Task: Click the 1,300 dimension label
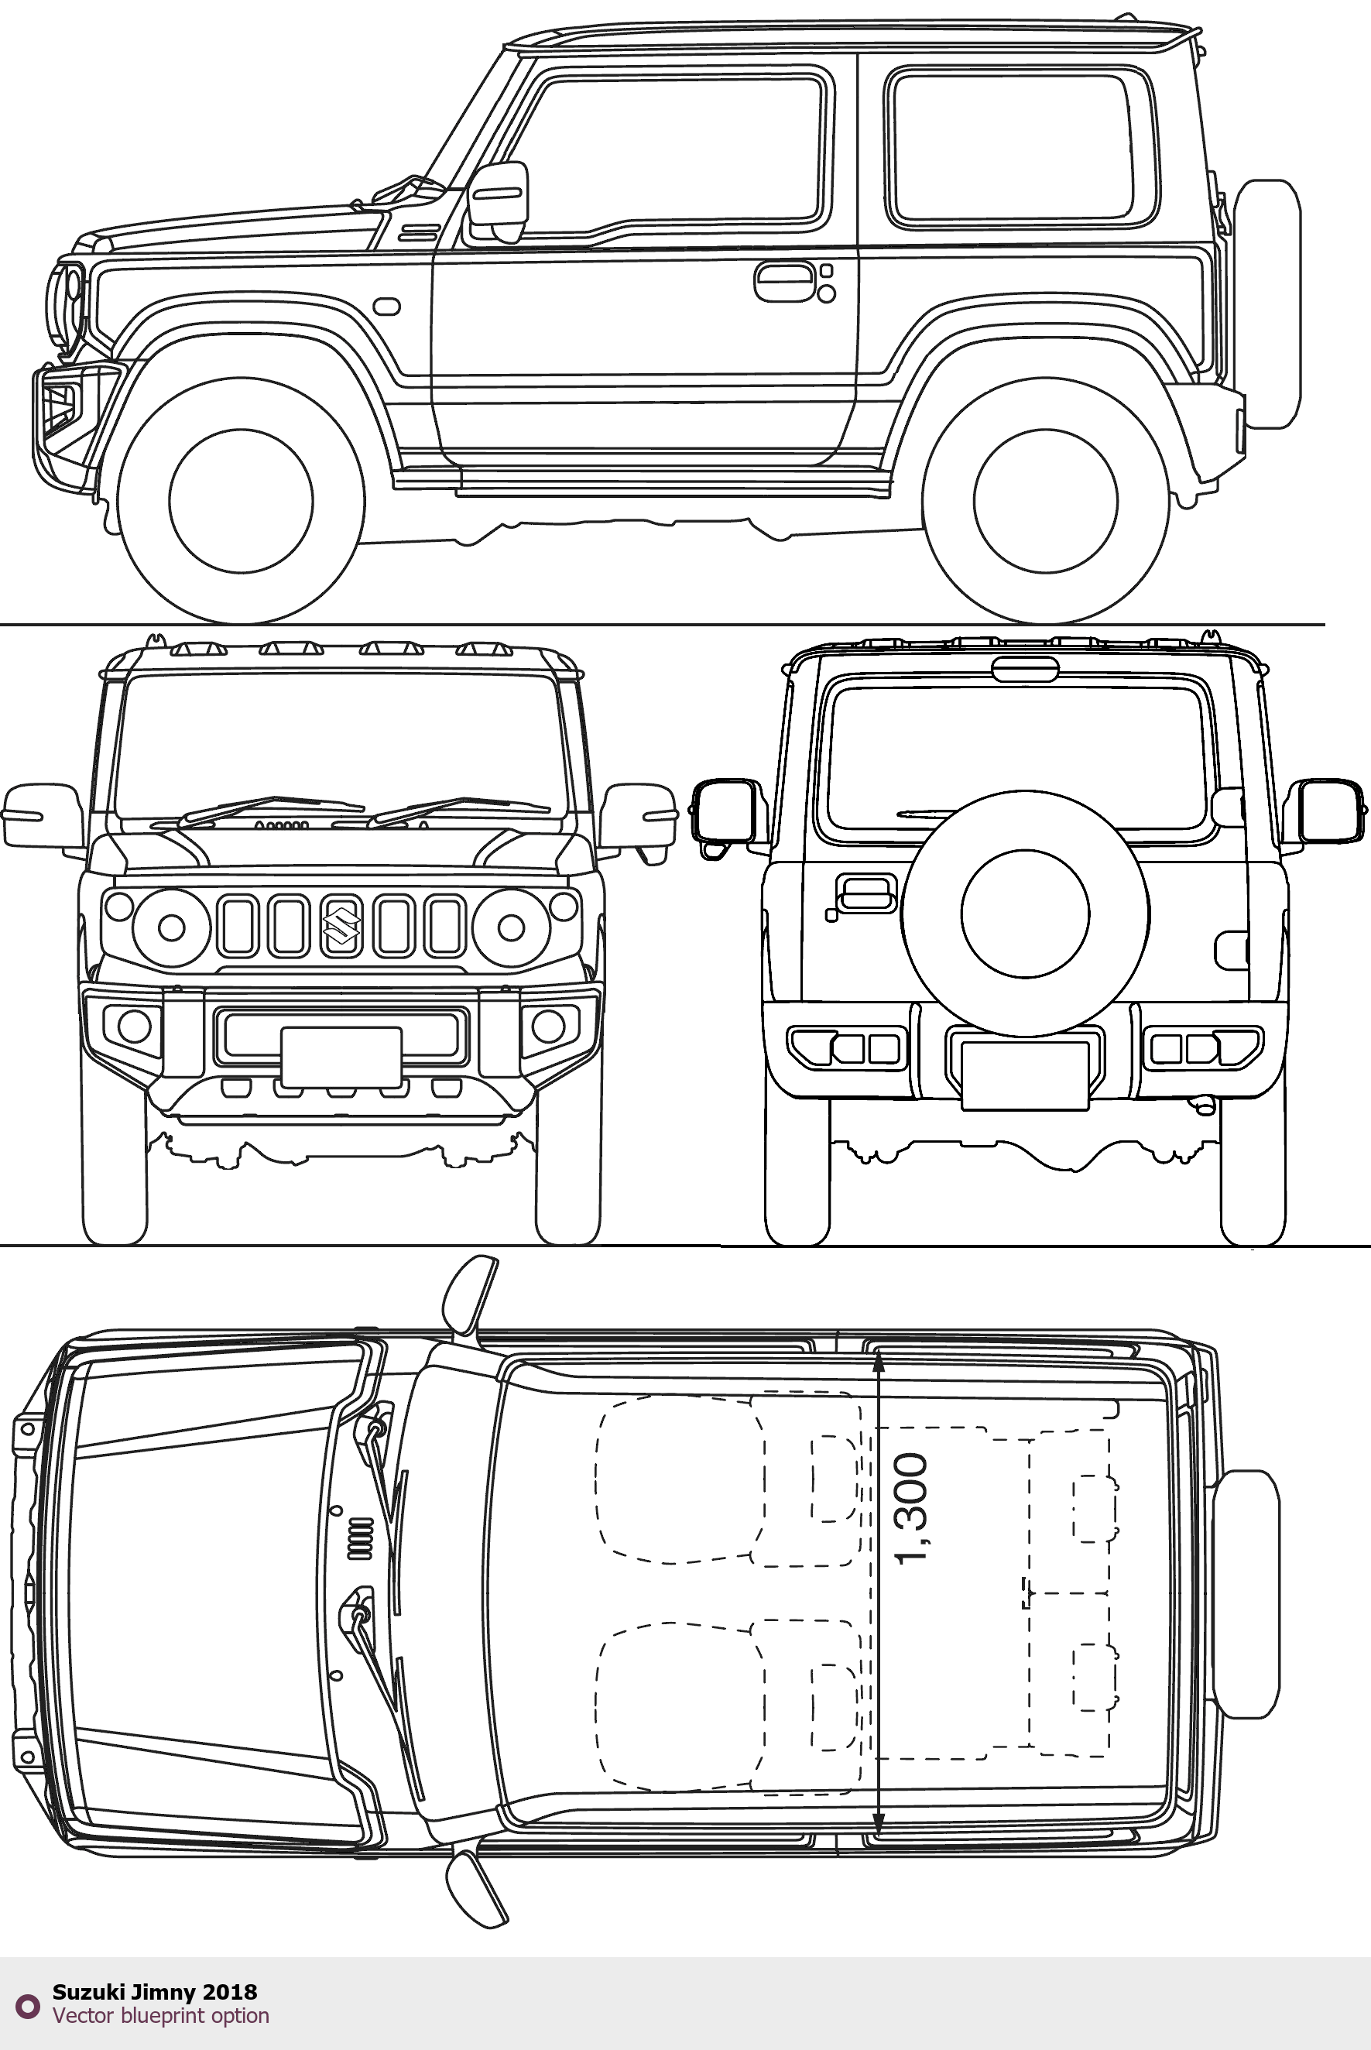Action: coord(912,1509)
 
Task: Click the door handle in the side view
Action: coord(784,282)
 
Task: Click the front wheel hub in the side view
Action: coord(241,501)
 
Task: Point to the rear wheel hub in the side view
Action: coord(1045,501)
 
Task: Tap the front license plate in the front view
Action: coord(341,1057)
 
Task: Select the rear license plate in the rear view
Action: coord(1025,1076)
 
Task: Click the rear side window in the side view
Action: coord(1023,147)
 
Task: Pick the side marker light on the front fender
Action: coord(386,307)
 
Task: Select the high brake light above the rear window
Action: coord(1025,670)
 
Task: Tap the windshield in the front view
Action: coord(337,743)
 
